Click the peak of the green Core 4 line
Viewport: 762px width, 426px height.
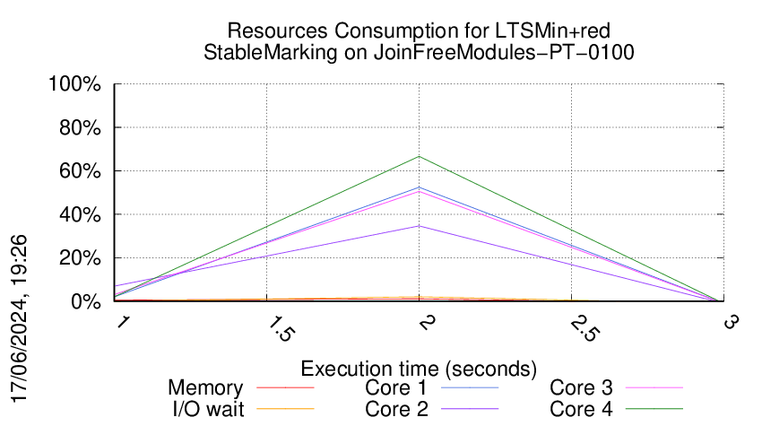pyautogui.click(x=419, y=157)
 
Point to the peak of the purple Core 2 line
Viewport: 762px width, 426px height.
pyautogui.click(x=419, y=226)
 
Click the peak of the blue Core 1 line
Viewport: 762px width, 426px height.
pyautogui.click(x=419, y=187)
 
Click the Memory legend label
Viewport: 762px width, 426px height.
pyautogui.click(x=205, y=388)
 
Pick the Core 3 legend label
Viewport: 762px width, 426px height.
pyautogui.click(x=581, y=388)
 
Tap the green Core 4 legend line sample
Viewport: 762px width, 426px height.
pyautogui.click(x=654, y=409)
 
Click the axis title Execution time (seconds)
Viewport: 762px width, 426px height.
pyautogui.click(x=419, y=368)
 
